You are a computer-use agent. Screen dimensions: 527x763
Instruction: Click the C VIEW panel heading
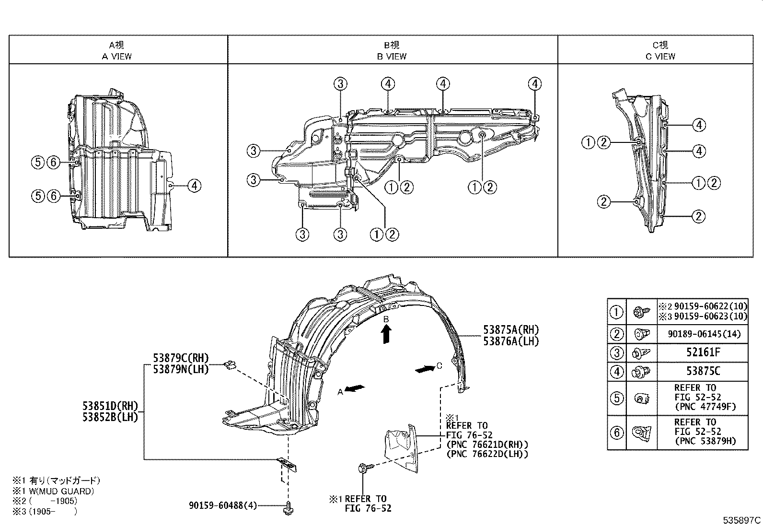[660, 56]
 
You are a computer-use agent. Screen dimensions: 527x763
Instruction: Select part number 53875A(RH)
[510, 330]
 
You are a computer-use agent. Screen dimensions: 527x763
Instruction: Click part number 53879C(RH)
[181, 358]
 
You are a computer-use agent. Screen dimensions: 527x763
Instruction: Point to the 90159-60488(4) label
[223, 505]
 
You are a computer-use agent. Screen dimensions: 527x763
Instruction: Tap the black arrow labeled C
[424, 369]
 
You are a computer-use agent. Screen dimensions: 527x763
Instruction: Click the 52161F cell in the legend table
[702, 353]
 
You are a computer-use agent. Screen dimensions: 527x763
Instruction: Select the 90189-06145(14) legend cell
[702, 334]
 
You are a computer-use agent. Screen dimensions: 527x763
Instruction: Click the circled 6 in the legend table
[616, 433]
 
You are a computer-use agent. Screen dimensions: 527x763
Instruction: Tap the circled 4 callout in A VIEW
[194, 185]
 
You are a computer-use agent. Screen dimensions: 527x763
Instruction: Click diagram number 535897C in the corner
[742, 520]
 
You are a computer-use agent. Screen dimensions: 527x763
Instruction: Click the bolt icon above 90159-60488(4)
[289, 507]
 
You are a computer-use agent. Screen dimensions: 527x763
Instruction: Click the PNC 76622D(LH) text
[486, 454]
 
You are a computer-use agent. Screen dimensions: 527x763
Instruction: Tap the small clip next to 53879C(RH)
[229, 366]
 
